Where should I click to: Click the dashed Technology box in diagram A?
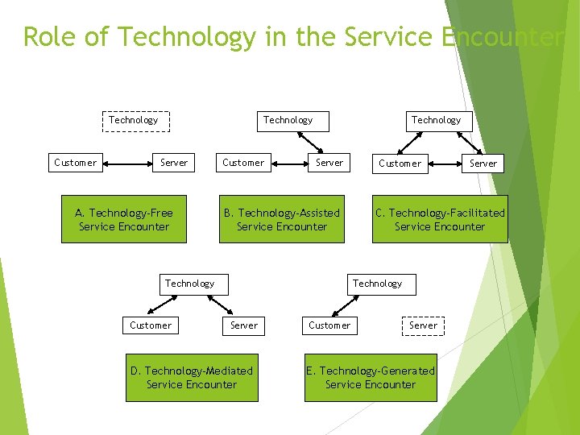point(134,120)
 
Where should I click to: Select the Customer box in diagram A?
point(75,163)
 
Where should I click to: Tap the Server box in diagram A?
point(174,163)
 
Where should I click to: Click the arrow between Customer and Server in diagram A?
point(126,163)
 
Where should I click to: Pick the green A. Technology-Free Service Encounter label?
point(124,219)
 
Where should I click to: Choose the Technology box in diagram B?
point(288,120)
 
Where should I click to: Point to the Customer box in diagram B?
point(243,163)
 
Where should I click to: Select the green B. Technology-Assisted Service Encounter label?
point(282,219)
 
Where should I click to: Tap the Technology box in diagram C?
point(436,120)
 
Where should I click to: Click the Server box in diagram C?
point(483,163)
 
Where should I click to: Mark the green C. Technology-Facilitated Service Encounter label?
point(440,219)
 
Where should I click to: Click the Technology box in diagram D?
point(189,284)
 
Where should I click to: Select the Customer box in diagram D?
point(151,325)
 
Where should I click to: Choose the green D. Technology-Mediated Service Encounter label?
point(192,378)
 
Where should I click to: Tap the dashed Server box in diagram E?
point(423,325)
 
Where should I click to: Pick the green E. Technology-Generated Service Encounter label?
point(371,378)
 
